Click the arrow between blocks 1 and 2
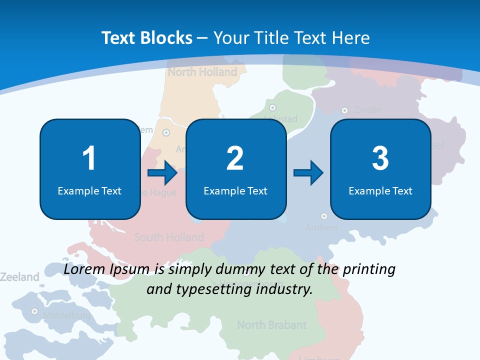pos(162,173)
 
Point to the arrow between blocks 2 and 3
pos(308,173)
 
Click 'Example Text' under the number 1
pos(89,191)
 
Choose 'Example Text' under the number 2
pos(235,191)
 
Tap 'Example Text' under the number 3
pos(380,191)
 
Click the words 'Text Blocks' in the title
pos(147,38)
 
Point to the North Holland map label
pos(202,72)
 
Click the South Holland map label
pos(169,237)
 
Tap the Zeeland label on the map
pos(19,277)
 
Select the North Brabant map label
pos(271,325)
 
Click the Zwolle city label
pos(368,109)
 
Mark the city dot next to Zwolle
pos(344,110)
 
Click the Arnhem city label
pos(321,227)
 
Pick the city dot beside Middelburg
pos(34,311)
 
